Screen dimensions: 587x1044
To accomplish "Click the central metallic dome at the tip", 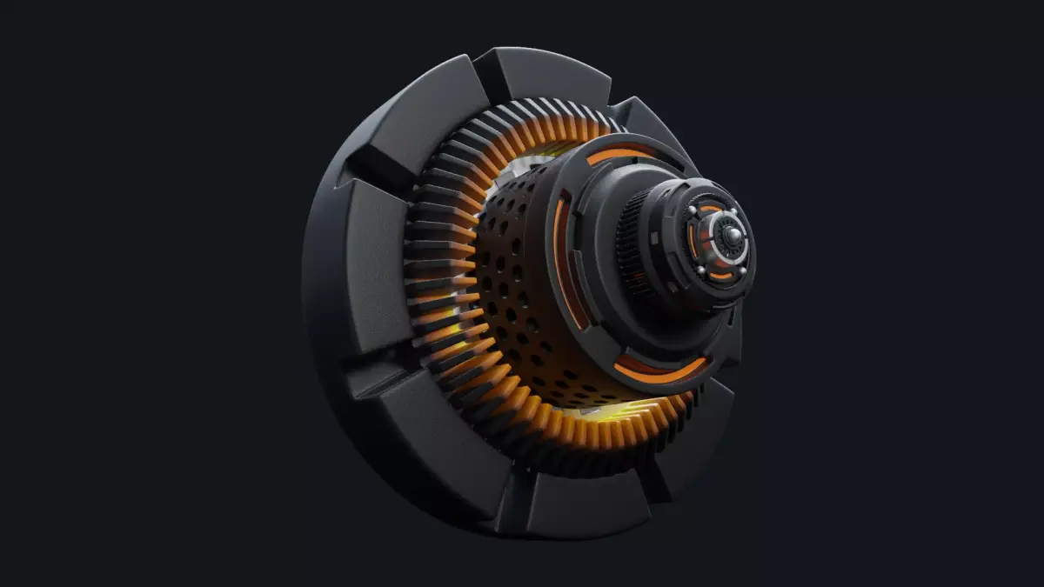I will tap(734, 235).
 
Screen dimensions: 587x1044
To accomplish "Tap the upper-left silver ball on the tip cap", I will tap(693, 210).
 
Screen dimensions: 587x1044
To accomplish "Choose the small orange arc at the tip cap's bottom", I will tap(720, 276).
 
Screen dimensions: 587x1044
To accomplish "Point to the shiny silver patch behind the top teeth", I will tap(531, 162).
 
